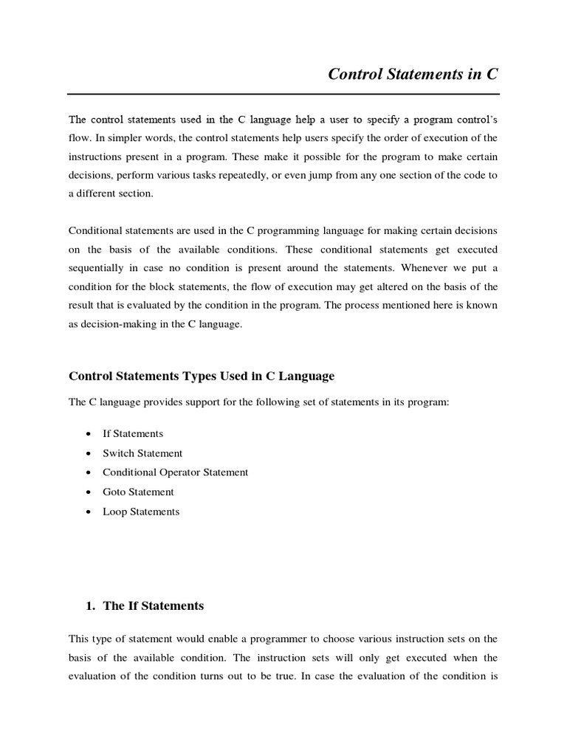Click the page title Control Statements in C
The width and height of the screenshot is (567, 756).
413,74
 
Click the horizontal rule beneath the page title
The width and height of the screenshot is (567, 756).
283,94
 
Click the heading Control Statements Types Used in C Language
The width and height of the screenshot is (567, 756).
202,376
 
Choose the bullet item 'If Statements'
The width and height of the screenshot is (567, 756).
133,434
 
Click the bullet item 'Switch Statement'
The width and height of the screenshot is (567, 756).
142,453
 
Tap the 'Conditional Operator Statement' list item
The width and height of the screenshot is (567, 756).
176,472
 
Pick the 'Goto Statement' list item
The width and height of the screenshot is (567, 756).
138,492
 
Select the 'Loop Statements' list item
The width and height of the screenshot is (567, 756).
141,511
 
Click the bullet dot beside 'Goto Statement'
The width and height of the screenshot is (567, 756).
89,492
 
